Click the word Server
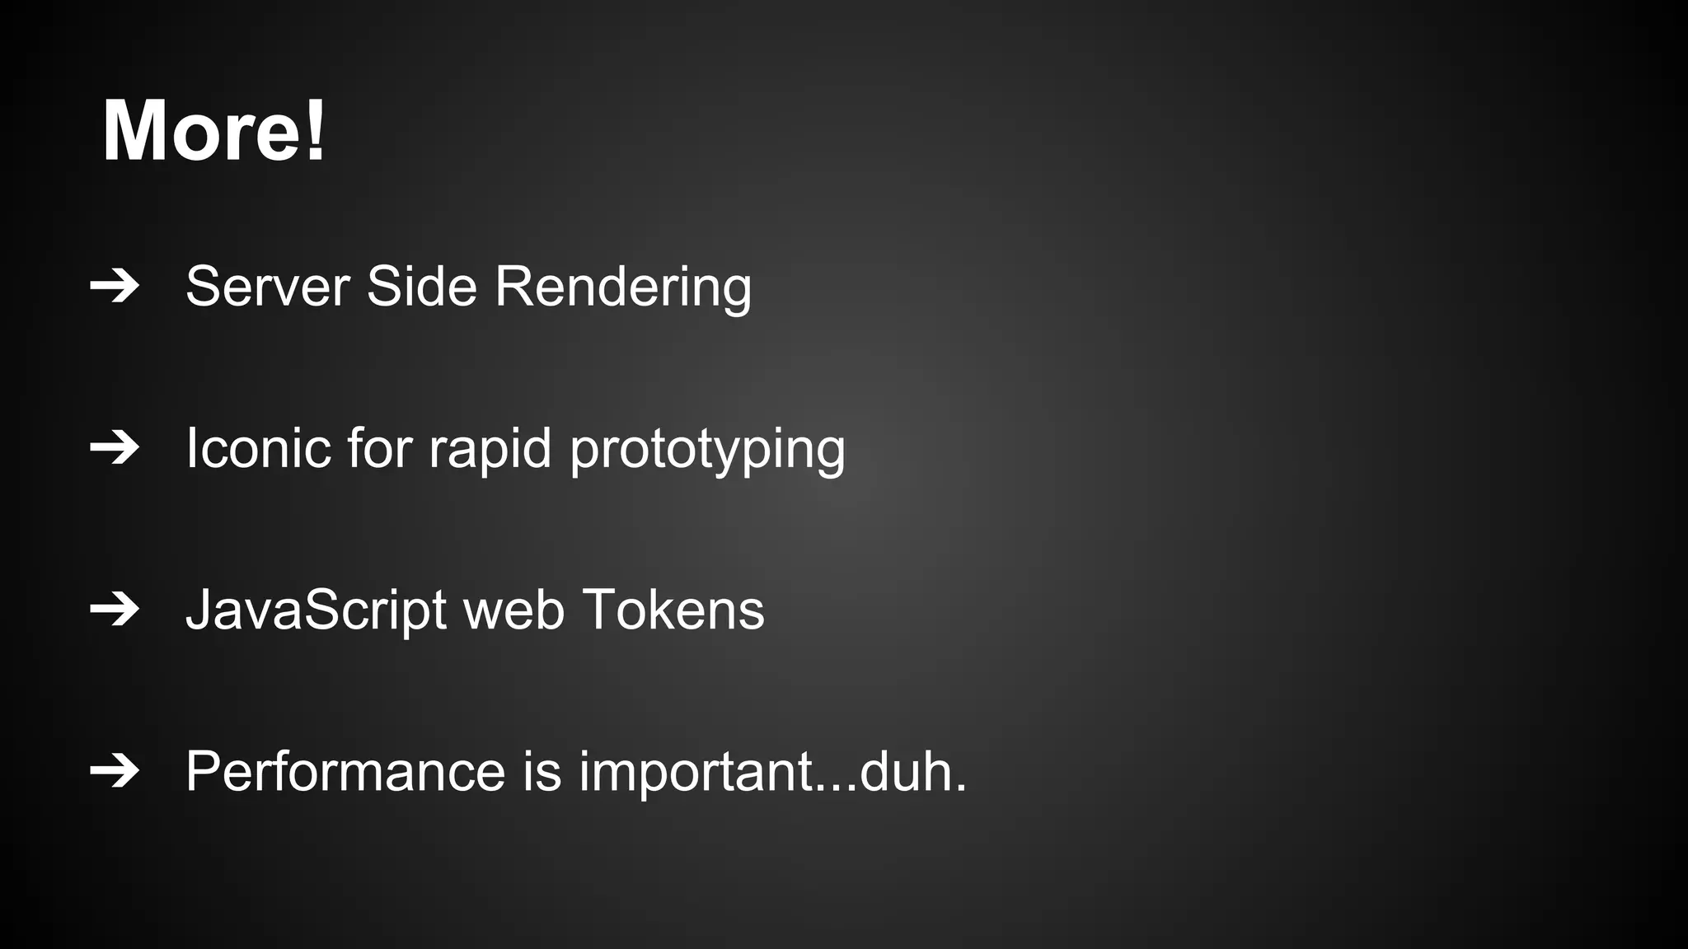click(268, 287)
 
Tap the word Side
click(421, 287)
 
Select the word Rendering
click(623, 288)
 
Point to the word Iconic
click(258, 449)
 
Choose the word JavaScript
click(316, 611)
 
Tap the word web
click(514, 611)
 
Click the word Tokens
click(673, 610)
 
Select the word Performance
click(345, 772)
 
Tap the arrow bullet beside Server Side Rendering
click(115, 287)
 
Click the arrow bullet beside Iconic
click(115, 448)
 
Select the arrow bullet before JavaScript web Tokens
click(115, 610)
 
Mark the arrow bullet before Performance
click(115, 771)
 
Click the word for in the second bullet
click(379, 449)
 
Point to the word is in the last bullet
click(542, 772)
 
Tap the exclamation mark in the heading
click(316, 131)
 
